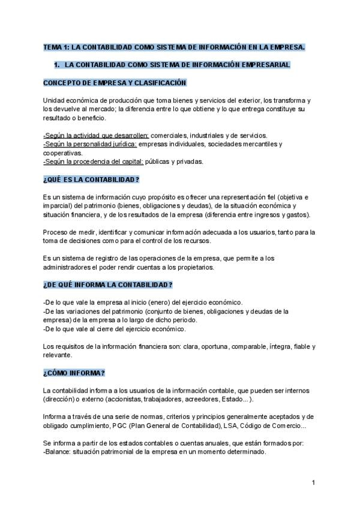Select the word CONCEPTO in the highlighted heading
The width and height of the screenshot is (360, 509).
[x=62, y=82]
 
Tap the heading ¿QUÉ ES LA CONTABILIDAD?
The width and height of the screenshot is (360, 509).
[x=91, y=179]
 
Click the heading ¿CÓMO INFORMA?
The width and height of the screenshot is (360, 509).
[x=74, y=373]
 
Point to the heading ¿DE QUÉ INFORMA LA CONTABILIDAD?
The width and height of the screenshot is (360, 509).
[x=108, y=284]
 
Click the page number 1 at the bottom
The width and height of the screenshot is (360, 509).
[x=314, y=482]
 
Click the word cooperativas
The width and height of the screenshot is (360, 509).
[x=63, y=153]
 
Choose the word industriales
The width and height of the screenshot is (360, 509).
[x=197, y=136]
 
